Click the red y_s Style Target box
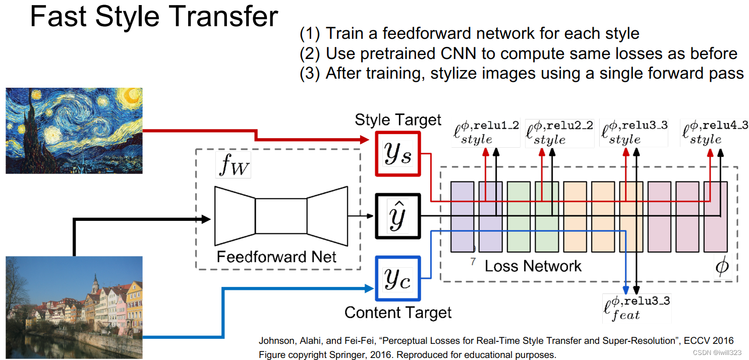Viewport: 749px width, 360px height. click(x=397, y=153)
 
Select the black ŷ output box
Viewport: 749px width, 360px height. click(x=397, y=216)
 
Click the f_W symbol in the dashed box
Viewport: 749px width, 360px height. click(x=234, y=165)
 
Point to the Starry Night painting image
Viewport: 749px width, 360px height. click(x=74, y=131)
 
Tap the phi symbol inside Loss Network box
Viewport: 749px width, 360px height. click(x=722, y=266)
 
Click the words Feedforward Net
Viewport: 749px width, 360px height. click(x=276, y=257)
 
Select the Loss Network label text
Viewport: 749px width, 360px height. click(x=533, y=266)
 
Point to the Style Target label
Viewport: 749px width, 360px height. click(x=397, y=120)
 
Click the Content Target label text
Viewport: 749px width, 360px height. click(x=397, y=313)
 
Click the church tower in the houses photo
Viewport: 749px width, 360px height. click(x=95, y=285)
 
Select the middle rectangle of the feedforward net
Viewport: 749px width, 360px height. click(x=281, y=216)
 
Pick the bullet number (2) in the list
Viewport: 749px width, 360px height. click(x=310, y=53)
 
